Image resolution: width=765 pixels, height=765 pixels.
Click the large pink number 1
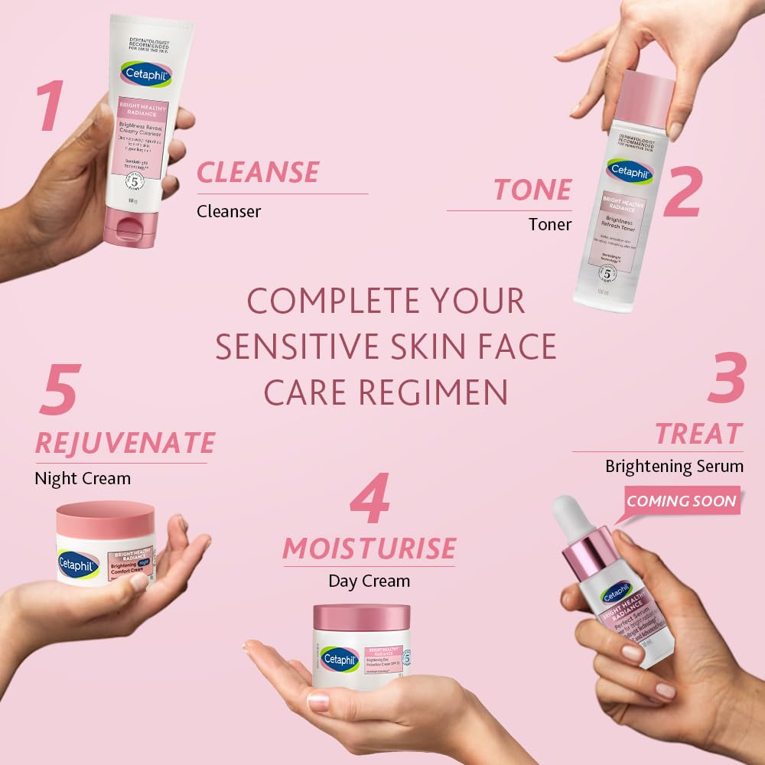click(x=50, y=105)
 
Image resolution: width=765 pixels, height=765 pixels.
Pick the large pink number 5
click(x=59, y=391)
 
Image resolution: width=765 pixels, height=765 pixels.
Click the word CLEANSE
click(x=258, y=172)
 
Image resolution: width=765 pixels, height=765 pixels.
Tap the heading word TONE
click(x=533, y=190)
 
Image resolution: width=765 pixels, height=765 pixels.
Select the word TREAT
click(x=698, y=434)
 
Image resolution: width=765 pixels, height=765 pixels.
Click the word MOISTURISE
click(x=369, y=548)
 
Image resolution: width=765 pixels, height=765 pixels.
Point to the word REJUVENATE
click(x=125, y=442)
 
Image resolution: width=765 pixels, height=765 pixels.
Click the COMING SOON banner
click(x=682, y=502)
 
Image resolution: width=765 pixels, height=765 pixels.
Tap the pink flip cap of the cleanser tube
click(x=135, y=228)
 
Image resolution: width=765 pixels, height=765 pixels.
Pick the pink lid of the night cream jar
click(x=106, y=519)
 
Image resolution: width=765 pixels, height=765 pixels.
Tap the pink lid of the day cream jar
click(x=362, y=617)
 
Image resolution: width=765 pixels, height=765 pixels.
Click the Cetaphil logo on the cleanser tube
click(x=145, y=75)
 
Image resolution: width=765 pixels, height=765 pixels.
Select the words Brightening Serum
click(x=674, y=465)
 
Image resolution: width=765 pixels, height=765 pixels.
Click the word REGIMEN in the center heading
click(x=434, y=392)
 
